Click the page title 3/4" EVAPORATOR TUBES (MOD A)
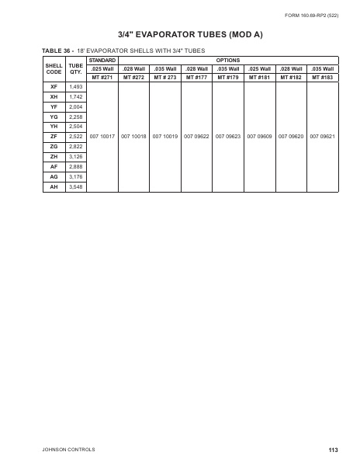click(x=180, y=35)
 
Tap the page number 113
click(x=333, y=450)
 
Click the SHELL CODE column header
click(x=54, y=68)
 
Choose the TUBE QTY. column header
click(x=76, y=68)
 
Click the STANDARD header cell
click(x=102, y=60)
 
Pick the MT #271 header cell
click(x=102, y=78)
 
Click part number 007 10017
click(x=102, y=136)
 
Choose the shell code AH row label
click(x=54, y=187)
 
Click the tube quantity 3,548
click(x=76, y=187)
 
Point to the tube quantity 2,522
click(x=76, y=136)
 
